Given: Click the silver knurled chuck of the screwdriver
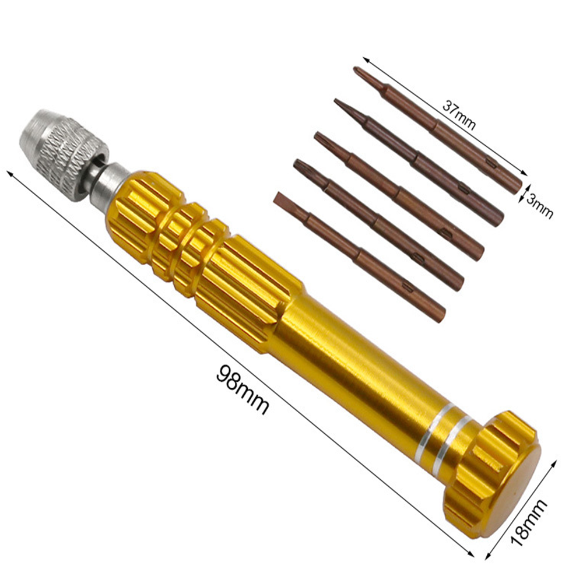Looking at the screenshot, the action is (63, 154).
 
